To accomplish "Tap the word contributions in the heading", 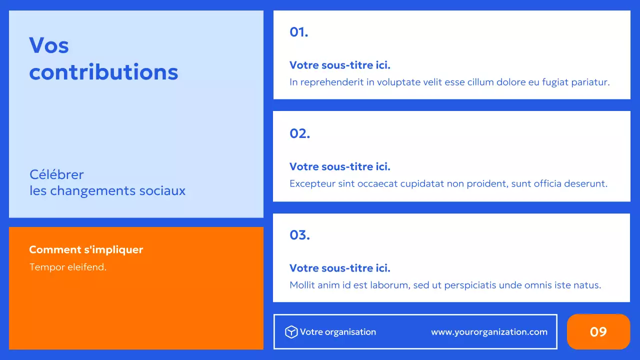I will click(103, 72).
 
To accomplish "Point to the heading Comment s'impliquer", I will click(86, 249).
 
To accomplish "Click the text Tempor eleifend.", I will click(68, 267).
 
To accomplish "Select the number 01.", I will click(299, 32).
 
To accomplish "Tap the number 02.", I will click(300, 133).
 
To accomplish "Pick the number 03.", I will click(300, 235).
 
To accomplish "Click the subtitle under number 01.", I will click(340, 65).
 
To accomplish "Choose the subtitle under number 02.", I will click(340, 166).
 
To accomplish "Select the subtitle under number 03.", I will click(340, 268).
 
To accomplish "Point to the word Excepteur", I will click(312, 183).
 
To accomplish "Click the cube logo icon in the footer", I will click(291, 332).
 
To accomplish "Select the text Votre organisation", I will click(338, 332).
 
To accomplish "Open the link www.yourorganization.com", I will click(489, 332).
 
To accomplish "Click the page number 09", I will click(598, 332).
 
